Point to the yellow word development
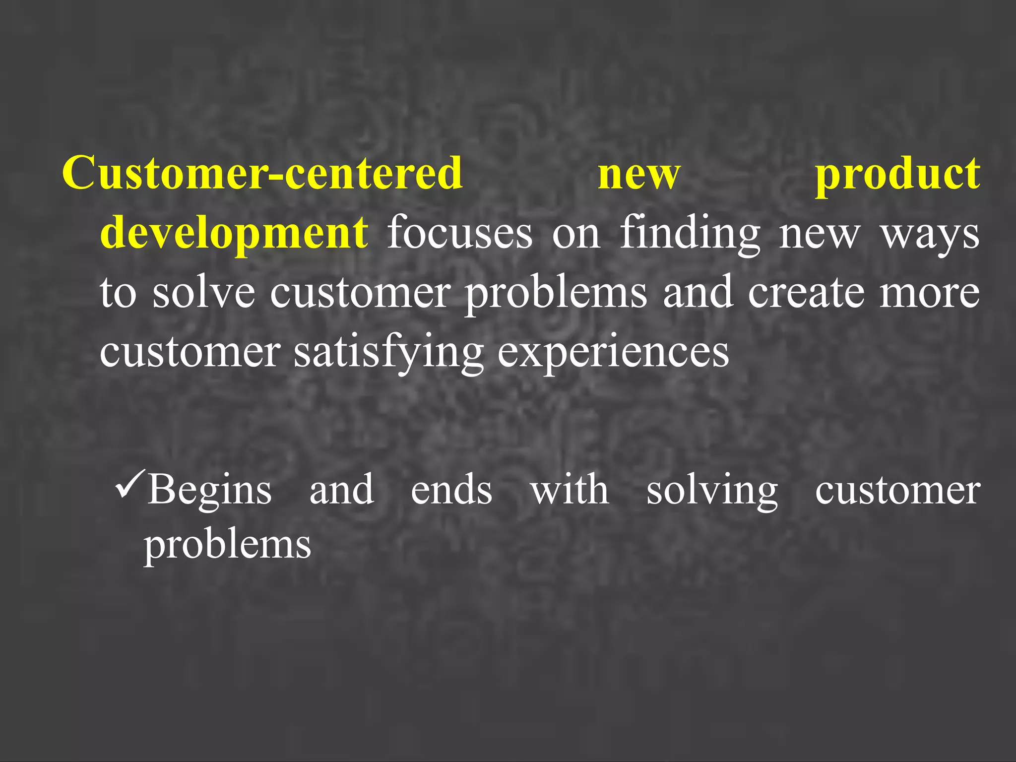[234, 233]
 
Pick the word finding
[690, 233]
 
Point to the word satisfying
[388, 352]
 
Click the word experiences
[613, 352]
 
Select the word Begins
[209, 490]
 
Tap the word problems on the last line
[227, 545]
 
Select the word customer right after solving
[897, 490]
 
